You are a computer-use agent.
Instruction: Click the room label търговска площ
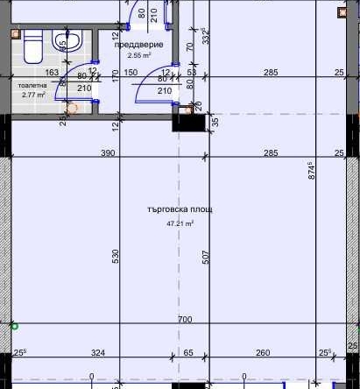[x=180, y=209]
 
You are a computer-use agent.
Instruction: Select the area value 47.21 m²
[x=180, y=223]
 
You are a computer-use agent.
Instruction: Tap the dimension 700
[x=184, y=321]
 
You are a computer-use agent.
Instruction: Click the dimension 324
[x=98, y=353]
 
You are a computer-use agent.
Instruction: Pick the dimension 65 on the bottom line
[x=188, y=353]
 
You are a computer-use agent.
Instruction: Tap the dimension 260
[x=263, y=353]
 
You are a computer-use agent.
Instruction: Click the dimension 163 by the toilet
[x=51, y=73]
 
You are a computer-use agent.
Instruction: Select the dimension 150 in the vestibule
[x=131, y=73]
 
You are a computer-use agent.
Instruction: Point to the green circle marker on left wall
[x=13, y=326]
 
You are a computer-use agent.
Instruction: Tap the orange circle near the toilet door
[x=73, y=109]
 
